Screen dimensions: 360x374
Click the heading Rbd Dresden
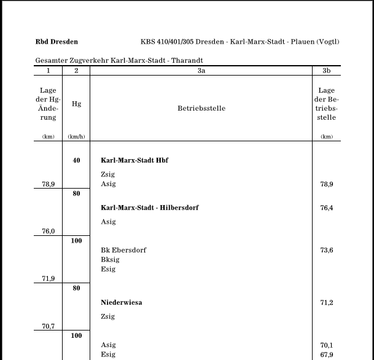click(x=56, y=42)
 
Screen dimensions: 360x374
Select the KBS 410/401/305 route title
click(x=240, y=42)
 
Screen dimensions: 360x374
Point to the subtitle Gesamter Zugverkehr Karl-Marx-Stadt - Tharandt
click(x=119, y=60)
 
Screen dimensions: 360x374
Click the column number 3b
click(x=327, y=71)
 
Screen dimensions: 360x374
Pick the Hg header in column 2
click(x=76, y=104)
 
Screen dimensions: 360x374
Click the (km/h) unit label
click(x=76, y=136)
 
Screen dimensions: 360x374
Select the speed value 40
click(x=76, y=160)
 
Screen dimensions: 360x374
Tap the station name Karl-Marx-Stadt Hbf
click(x=134, y=160)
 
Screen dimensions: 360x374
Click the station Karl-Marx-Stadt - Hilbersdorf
click(x=149, y=208)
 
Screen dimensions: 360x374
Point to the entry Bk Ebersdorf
click(x=123, y=250)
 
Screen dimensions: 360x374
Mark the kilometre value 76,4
click(x=327, y=208)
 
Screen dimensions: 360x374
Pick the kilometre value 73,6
click(x=327, y=250)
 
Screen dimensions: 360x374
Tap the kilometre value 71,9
click(x=49, y=278)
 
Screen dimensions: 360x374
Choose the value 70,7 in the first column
click(x=49, y=326)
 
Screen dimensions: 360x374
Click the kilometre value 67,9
click(x=327, y=354)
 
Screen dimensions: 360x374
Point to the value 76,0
click(x=49, y=231)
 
